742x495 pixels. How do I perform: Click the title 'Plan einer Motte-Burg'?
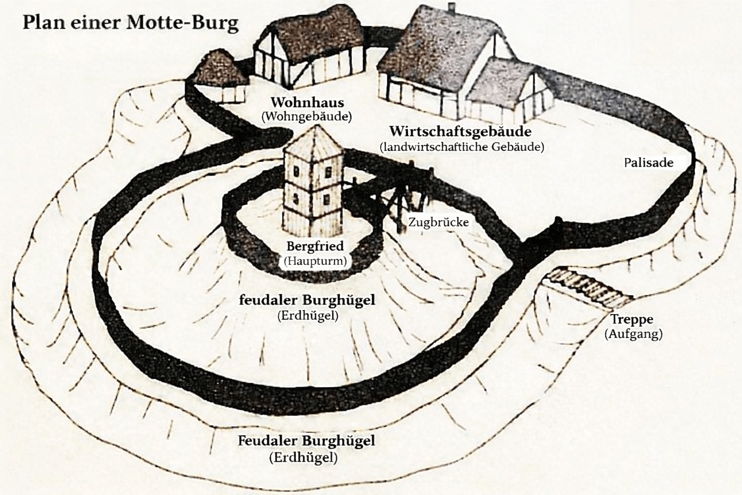coord(130,23)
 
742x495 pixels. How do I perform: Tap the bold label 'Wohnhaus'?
coord(307,102)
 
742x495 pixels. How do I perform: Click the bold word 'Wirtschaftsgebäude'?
coord(460,131)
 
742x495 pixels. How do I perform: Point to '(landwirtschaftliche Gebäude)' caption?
coord(462,146)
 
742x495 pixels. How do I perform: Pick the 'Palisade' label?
coord(648,162)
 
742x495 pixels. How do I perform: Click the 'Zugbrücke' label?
coord(438,222)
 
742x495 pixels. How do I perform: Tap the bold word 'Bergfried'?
coord(314,246)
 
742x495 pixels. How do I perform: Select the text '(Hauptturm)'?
coord(315,261)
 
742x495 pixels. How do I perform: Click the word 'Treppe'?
coord(631,319)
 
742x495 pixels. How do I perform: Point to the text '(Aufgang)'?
coord(633,334)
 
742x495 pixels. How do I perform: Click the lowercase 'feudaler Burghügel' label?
coord(307,300)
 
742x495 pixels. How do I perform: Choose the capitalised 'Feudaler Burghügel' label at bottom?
coord(306,441)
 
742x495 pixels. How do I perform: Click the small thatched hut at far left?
coord(220,77)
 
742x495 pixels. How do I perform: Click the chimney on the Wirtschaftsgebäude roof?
coord(452,8)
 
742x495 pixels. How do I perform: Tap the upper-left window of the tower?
coord(297,172)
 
